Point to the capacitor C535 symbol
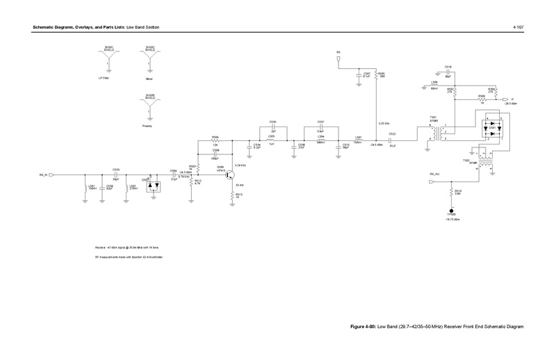click(x=273, y=129)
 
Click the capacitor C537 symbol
click(x=320, y=129)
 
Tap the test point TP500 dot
click(x=451, y=211)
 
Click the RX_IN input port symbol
click(x=51, y=175)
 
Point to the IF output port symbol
click(x=505, y=100)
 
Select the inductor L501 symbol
click(x=85, y=188)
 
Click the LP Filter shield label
click(x=104, y=78)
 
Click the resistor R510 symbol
click(x=451, y=193)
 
